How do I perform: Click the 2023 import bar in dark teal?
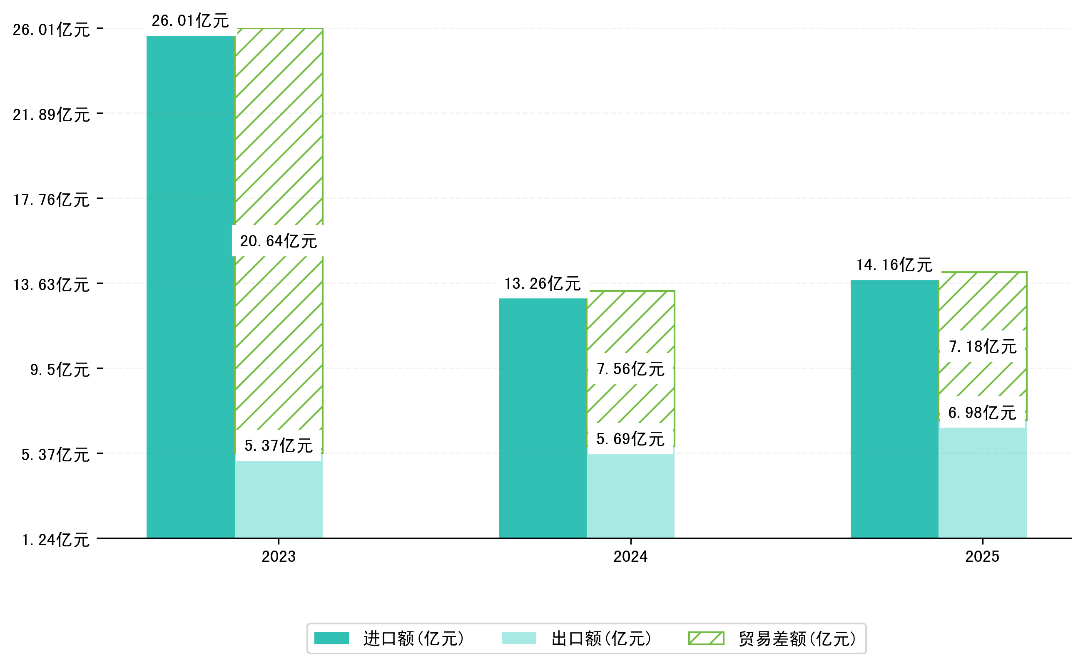tap(190, 286)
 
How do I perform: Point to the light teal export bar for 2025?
tap(982, 482)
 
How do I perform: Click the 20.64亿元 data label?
tap(278, 241)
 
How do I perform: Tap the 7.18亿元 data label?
tap(982, 346)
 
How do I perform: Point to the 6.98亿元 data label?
tap(982, 412)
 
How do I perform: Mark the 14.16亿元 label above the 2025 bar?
tap(894, 265)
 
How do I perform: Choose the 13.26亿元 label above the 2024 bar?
tap(542, 284)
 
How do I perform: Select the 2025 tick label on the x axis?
tap(982, 557)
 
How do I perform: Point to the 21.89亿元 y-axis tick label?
tap(51, 115)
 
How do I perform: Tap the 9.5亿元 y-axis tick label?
tap(60, 370)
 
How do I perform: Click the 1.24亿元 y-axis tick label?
tap(55, 540)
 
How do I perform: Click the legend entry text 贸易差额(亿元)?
tap(797, 638)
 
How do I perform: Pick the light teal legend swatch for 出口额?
tap(518, 638)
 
